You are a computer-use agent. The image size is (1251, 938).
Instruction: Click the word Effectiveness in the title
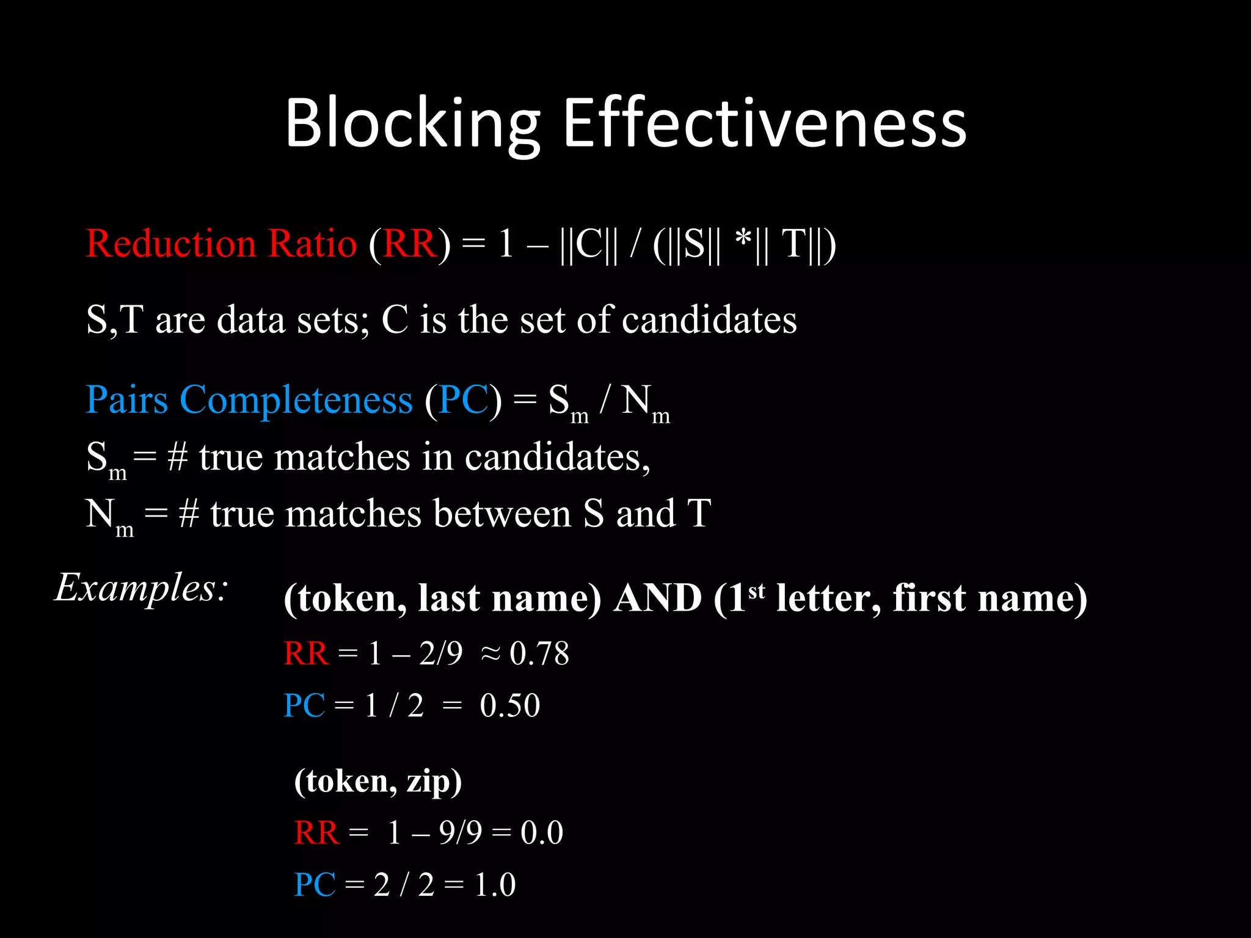764,123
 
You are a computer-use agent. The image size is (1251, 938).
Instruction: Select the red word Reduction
170,244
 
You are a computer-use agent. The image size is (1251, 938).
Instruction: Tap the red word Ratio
313,244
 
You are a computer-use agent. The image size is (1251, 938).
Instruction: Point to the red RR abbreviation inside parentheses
410,244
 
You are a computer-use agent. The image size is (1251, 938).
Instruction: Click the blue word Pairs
126,400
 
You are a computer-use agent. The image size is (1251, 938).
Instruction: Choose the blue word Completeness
296,400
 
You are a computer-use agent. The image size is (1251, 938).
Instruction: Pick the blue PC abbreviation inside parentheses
464,400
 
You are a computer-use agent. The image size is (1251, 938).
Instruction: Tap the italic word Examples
140,587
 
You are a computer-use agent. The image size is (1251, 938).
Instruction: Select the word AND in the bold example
658,598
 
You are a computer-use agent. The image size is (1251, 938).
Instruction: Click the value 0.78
539,653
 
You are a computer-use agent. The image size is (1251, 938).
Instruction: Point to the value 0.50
509,706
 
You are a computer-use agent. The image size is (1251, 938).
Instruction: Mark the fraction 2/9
441,653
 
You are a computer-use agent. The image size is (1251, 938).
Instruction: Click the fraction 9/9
461,832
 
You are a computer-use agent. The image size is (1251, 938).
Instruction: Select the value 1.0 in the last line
495,885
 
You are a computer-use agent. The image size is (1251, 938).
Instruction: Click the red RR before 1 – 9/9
316,832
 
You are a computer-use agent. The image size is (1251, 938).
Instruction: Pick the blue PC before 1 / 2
304,706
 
